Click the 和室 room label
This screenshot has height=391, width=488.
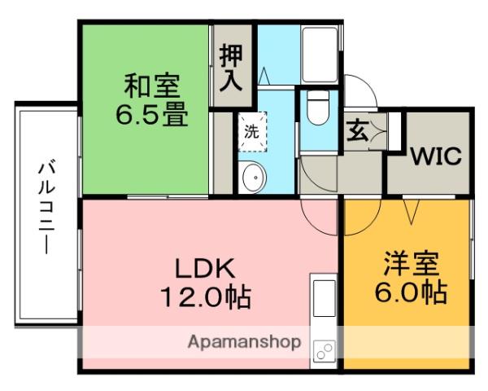[153, 86]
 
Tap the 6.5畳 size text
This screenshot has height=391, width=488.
[152, 114]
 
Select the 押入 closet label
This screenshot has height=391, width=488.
[231, 68]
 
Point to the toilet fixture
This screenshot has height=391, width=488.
[318, 108]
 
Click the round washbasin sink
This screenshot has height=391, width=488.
[253, 175]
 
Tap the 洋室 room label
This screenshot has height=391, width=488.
[412, 265]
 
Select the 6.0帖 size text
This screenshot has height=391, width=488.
[412, 292]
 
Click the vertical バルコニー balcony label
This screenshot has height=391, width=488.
[46, 208]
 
